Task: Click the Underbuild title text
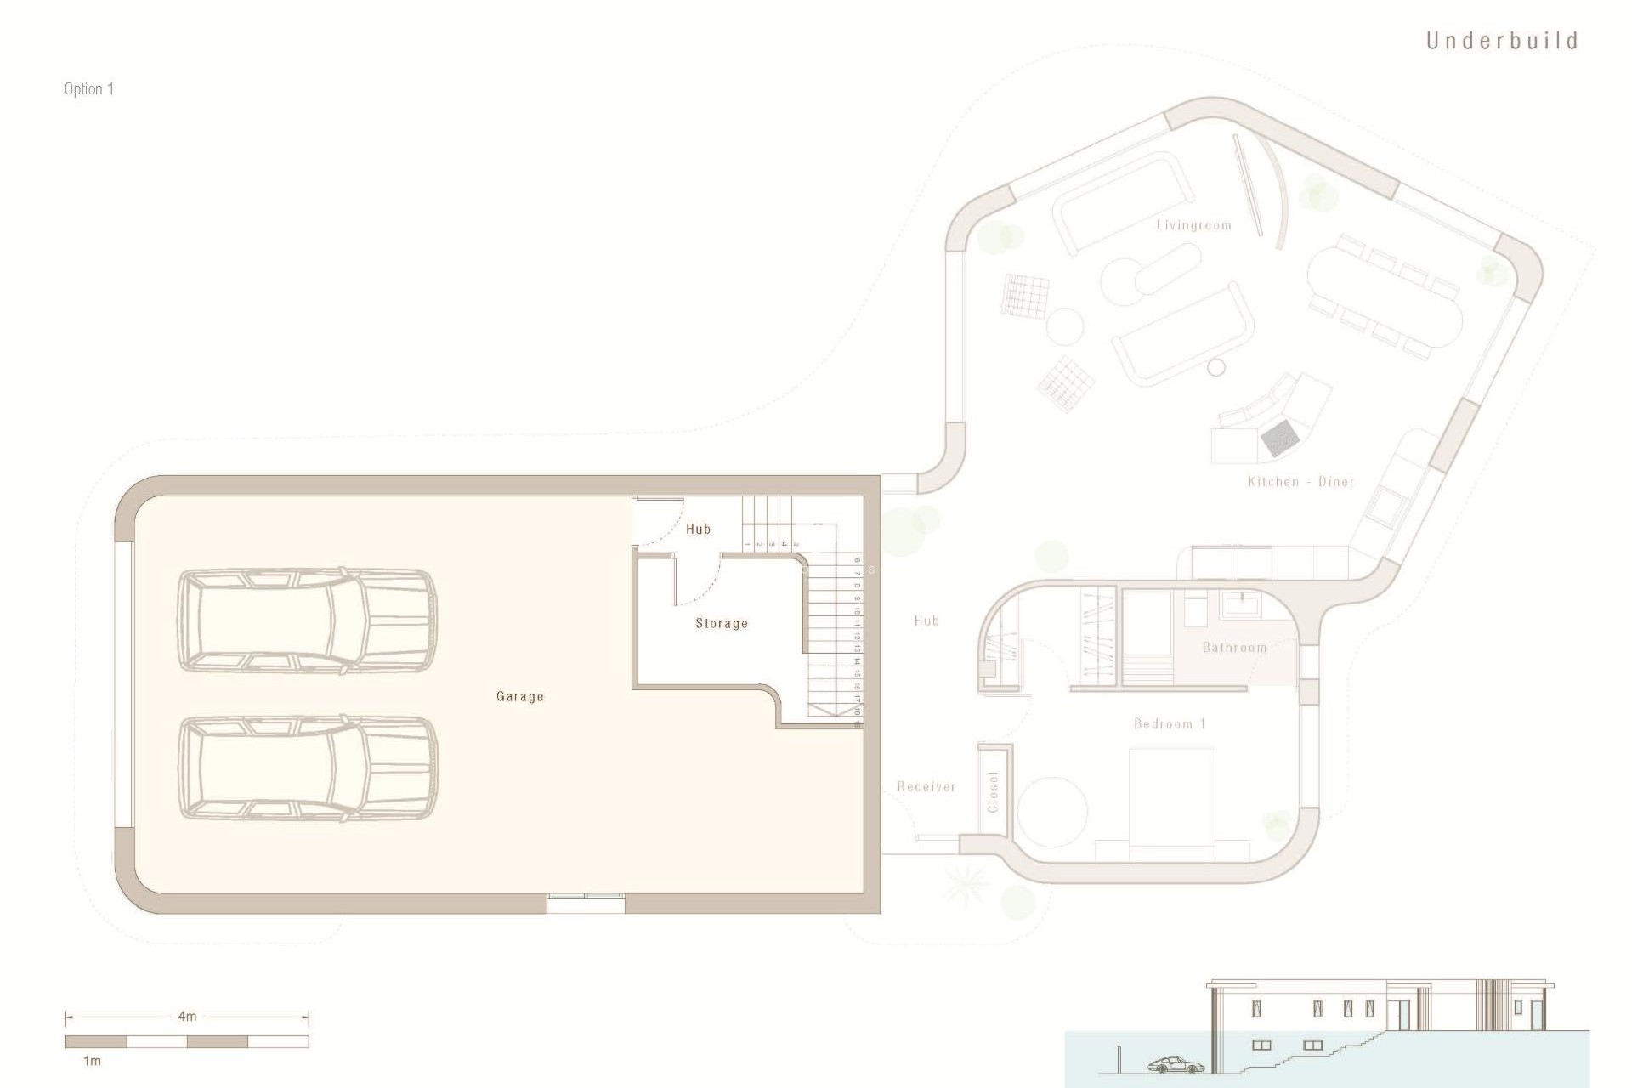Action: pos(1501,41)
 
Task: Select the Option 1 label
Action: pos(88,89)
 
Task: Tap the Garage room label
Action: pos(519,696)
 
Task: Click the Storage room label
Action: pos(722,623)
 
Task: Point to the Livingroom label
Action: pos(1193,225)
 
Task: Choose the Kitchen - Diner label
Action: pos(1300,482)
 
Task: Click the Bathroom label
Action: pos(1234,648)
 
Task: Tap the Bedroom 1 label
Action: pos(1170,724)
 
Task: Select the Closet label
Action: pos(993,791)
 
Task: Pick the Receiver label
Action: pos(926,787)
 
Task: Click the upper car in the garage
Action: pos(306,622)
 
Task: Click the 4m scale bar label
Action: pos(187,1017)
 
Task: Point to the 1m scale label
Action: pos(92,1061)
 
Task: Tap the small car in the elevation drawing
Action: pos(1176,1064)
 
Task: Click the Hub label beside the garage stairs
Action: pos(698,529)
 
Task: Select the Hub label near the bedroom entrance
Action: pos(926,621)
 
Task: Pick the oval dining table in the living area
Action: pos(1385,297)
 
